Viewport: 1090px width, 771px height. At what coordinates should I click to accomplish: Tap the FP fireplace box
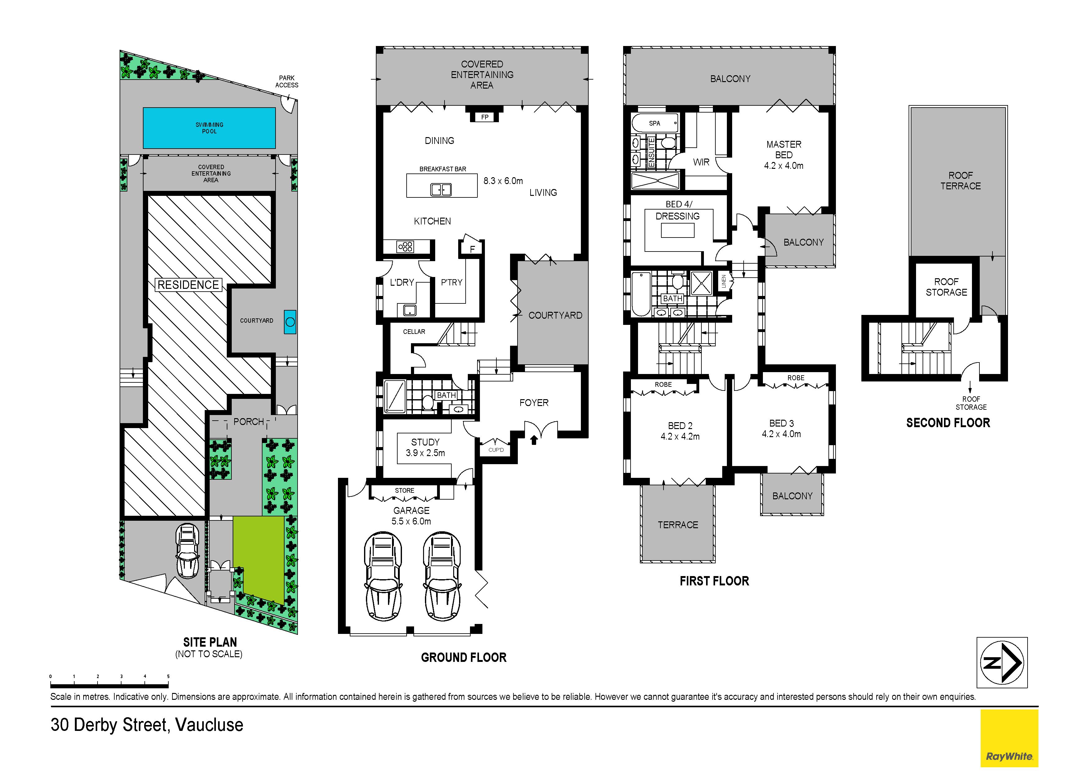point(485,117)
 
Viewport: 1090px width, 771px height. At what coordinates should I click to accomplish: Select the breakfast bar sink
point(440,190)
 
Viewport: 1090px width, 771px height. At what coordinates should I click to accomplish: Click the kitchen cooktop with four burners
point(405,247)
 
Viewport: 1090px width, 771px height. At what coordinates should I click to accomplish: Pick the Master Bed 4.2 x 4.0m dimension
point(783,166)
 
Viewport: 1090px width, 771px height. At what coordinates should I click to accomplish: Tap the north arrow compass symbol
point(1002,662)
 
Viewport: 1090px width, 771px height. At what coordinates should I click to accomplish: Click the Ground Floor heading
point(464,658)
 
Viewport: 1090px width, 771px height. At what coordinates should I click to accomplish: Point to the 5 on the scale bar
point(168,676)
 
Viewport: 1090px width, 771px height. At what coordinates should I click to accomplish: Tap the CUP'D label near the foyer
point(496,450)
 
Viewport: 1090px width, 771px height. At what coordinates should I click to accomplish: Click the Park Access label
point(287,81)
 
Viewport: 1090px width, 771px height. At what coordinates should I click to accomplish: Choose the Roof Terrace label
point(960,181)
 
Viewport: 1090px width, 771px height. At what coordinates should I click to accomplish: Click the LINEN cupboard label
point(723,281)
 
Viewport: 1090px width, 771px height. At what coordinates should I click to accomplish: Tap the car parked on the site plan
point(188,551)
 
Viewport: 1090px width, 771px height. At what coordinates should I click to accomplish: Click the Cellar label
point(414,332)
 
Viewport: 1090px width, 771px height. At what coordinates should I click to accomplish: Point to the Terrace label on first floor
point(677,525)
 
